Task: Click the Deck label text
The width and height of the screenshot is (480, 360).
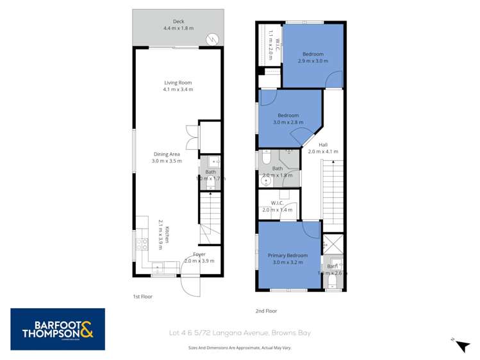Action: click(178, 21)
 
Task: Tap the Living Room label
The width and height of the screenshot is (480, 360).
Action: click(178, 83)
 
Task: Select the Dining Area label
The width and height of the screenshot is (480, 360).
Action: click(167, 154)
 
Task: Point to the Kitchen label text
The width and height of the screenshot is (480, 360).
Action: click(167, 235)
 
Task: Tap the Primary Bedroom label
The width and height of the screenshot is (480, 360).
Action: click(288, 256)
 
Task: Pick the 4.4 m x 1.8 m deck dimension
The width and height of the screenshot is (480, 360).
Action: click(178, 28)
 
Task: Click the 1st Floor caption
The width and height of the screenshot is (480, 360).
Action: click(142, 297)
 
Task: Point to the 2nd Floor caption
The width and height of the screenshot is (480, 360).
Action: click(266, 311)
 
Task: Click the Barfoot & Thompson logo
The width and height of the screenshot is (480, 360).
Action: click(57, 329)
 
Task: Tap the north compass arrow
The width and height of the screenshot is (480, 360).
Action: click(462, 345)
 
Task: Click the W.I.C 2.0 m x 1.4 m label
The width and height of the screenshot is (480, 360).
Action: click(277, 206)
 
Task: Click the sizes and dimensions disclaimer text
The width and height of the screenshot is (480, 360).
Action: click(239, 348)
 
